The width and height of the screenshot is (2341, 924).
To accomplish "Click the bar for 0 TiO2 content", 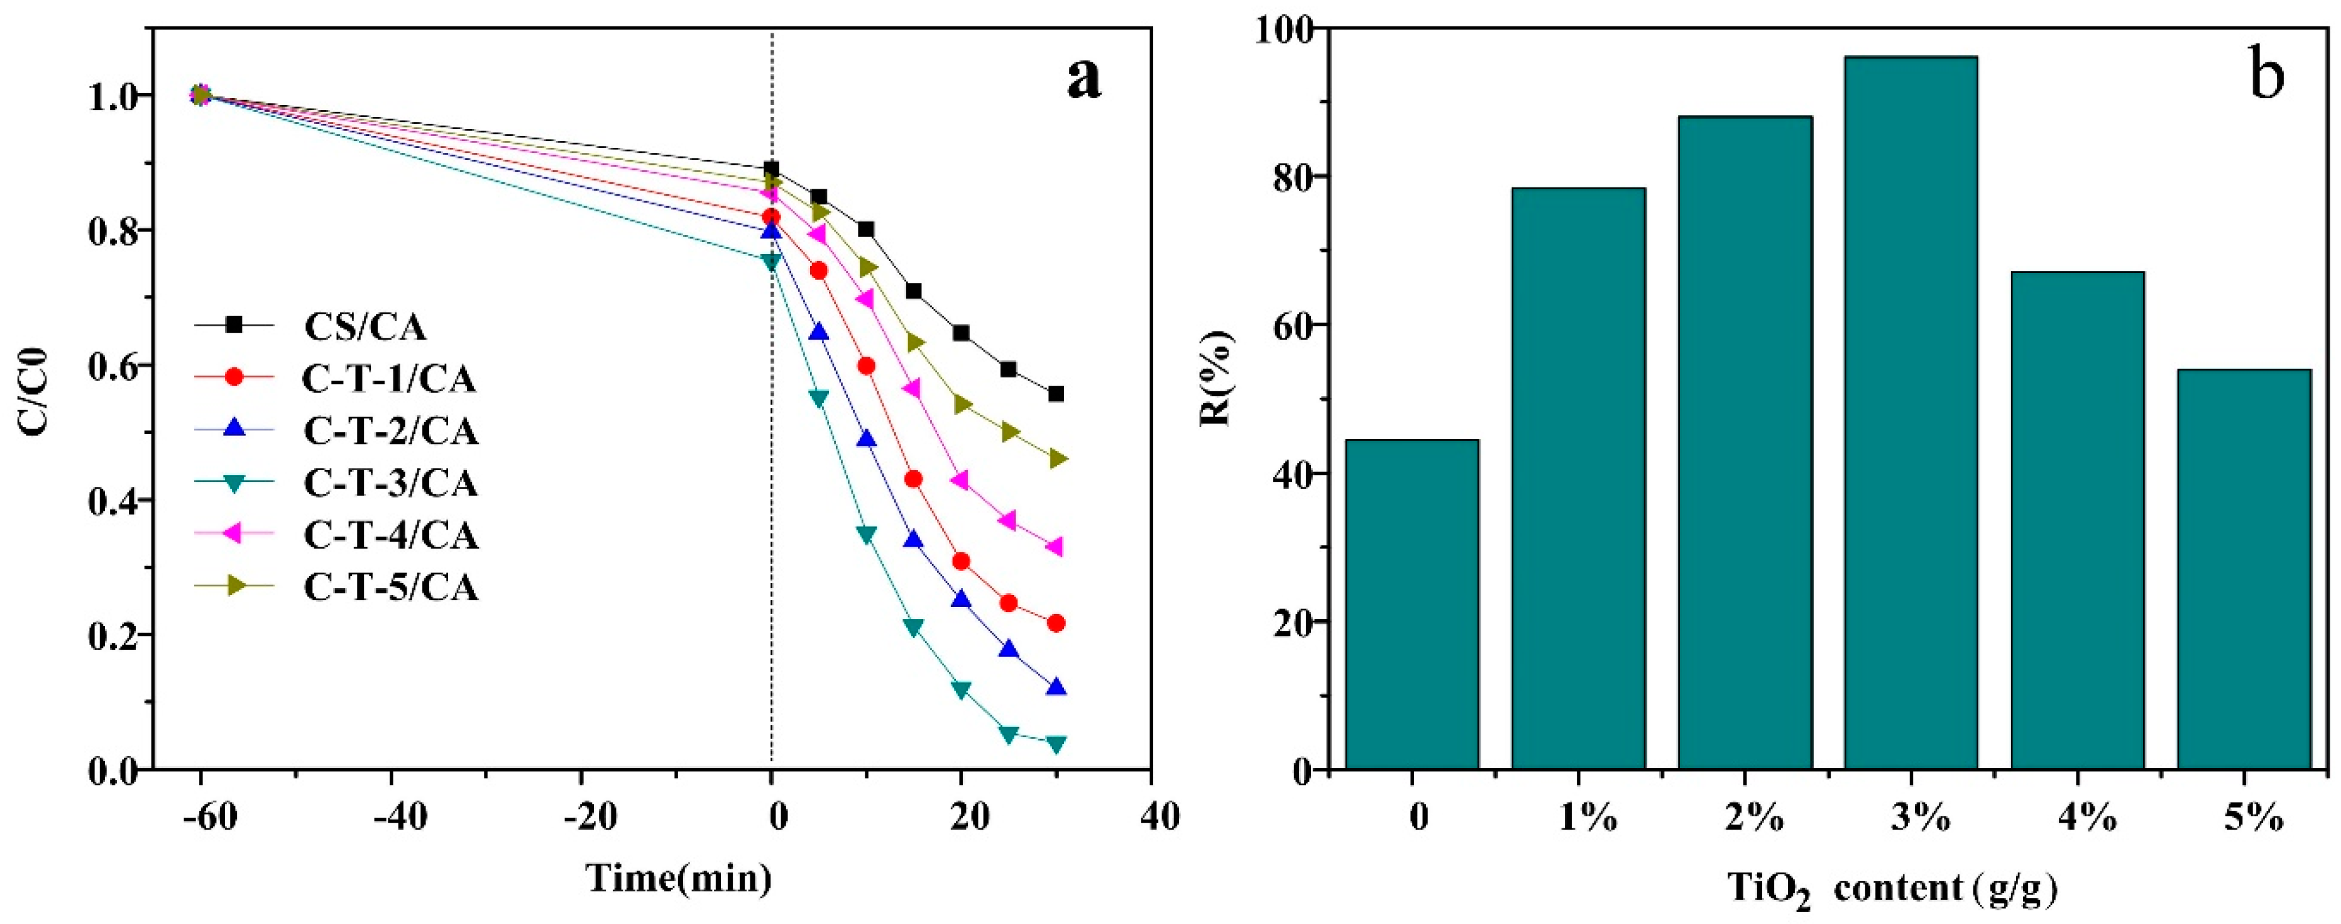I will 1412,605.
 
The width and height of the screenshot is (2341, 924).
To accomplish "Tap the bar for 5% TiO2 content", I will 2244,569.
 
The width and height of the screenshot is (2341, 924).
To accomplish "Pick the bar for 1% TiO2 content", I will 1579,479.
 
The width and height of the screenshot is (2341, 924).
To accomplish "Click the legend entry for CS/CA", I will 363,326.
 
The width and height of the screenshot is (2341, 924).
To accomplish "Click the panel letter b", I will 2266,75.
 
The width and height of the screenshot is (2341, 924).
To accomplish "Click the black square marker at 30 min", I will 1056,394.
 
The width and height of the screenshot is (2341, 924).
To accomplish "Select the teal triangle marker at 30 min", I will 1056,745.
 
